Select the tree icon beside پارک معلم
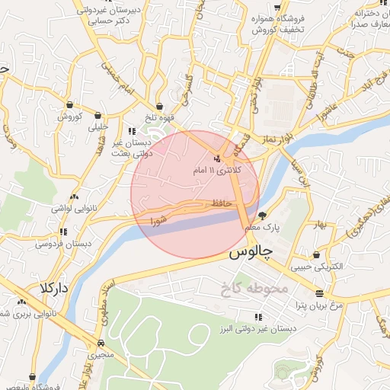[x=263, y=216]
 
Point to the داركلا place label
[x=55, y=289]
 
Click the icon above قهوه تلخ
[x=159, y=107]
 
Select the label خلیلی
[x=99, y=128]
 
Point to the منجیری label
[x=101, y=355]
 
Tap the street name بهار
[x=318, y=225]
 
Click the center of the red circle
[x=195, y=194]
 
